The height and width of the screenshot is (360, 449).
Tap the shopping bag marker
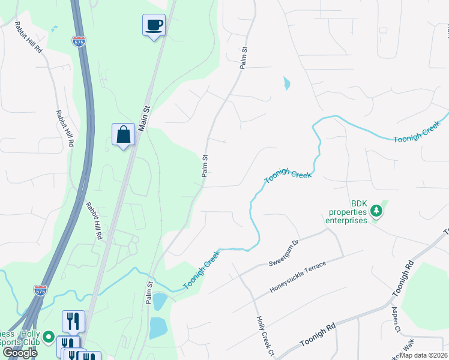(123, 135)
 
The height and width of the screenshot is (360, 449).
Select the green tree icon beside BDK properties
(376, 211)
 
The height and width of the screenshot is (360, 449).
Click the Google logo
(19, 352)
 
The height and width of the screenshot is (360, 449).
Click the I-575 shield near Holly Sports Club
(40, 290)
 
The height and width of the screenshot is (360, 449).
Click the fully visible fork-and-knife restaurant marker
(73, 320)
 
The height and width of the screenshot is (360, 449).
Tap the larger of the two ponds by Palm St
(158, 328)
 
